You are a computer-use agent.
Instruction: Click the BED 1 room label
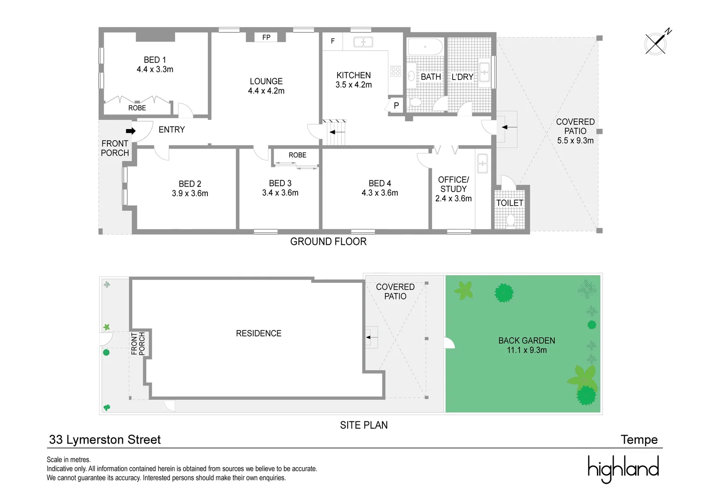coord(155,60)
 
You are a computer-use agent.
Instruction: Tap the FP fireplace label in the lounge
coord(266,37)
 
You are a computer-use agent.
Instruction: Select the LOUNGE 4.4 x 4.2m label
coord(266,86)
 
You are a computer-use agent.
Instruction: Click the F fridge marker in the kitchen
coord(332,41)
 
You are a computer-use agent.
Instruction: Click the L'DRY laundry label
coord(462,77)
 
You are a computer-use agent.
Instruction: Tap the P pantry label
coord(396,106)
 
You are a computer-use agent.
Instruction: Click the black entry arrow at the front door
coord(131,131)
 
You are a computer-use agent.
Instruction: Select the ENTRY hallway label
coord(172,130)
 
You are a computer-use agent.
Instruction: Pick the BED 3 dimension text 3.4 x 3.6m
coord(280,193)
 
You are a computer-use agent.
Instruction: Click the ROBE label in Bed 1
coord(137,108)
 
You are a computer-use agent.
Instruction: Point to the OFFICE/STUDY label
coord(454,184)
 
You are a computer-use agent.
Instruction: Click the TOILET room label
coord(510,203)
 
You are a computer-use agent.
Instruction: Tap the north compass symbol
coord(657,44)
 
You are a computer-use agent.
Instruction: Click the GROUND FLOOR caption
coord(328,242)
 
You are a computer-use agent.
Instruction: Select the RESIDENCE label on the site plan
coord(258,333)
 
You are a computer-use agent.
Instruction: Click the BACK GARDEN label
coord(526,341)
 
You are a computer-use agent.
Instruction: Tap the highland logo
coord(623,469)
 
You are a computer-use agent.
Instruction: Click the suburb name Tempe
coord(639,440)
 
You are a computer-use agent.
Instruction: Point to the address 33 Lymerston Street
coord(105,440)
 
